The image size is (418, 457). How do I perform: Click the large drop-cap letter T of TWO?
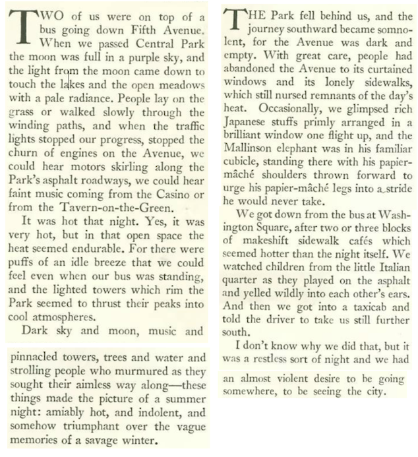[19, 26]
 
